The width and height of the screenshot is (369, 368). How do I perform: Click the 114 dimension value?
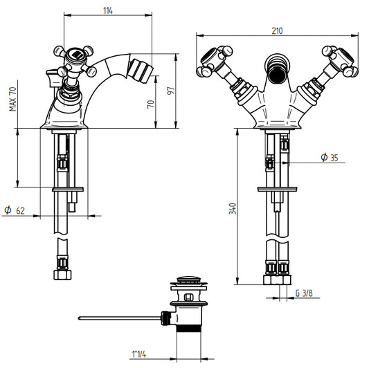(108, 10)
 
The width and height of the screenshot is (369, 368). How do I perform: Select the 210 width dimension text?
(277, 31)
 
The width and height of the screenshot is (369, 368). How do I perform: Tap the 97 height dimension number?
(171, 91)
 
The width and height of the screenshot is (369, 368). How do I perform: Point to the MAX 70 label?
(12, 99)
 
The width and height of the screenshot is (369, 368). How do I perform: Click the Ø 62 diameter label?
(15, 210)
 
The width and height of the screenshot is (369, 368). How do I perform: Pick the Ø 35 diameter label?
(330, 157)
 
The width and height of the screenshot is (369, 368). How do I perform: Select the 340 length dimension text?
(233, 209)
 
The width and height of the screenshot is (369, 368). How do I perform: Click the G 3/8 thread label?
(304, 293)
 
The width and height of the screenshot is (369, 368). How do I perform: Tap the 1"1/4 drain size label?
(139, 354)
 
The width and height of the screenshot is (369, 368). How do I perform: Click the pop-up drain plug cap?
(189, 281)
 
